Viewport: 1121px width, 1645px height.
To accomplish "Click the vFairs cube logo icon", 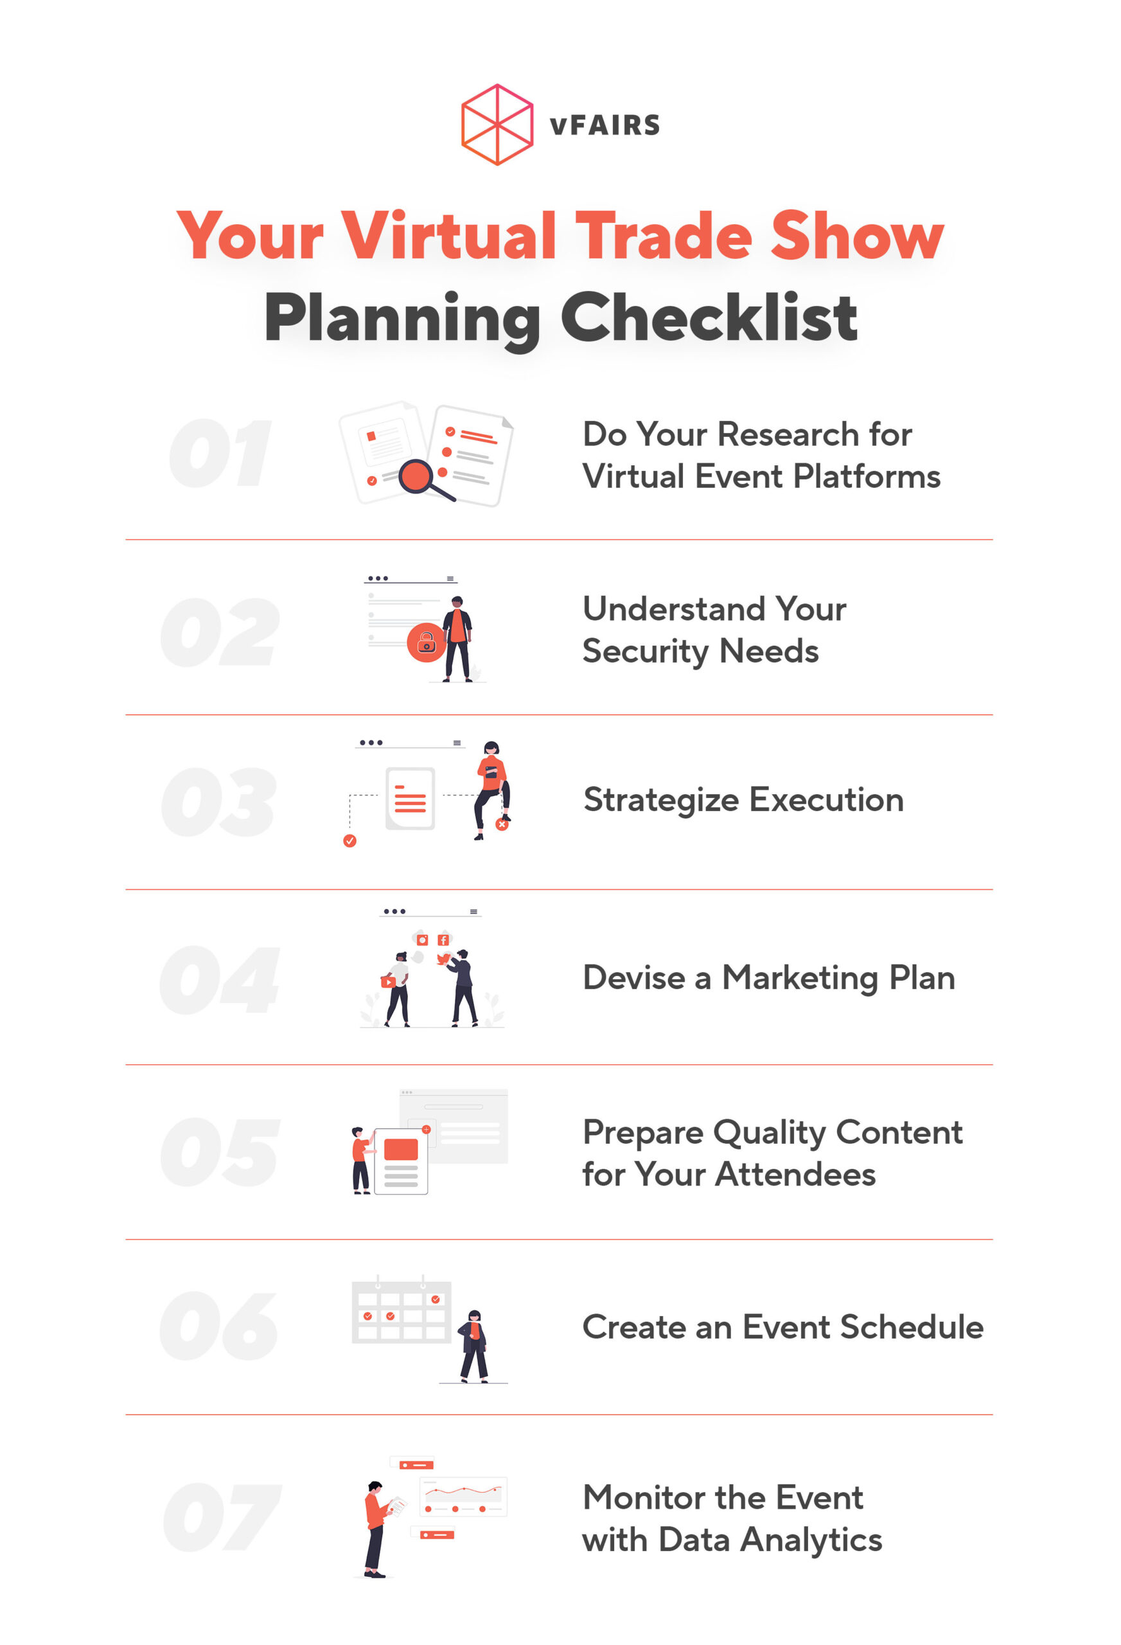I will click(x=497, y=125).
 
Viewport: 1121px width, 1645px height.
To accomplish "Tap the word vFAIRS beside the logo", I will click(x=605, y=125).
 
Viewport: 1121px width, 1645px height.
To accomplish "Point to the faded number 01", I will click(x=220, y=453).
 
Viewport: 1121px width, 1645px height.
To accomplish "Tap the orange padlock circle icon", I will click(x=426, y=642).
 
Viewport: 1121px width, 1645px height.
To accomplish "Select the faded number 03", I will click(x=218, y=801).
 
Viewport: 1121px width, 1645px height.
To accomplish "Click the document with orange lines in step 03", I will click(x=410, y=799).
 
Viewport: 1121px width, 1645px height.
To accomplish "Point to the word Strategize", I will click(x=661, y=801).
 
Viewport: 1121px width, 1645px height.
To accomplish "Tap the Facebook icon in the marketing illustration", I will click(x=443, y=939).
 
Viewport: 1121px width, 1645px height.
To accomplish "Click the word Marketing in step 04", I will click(x=799, y=977).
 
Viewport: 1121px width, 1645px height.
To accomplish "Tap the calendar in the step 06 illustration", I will click(x=402, y=1311).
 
